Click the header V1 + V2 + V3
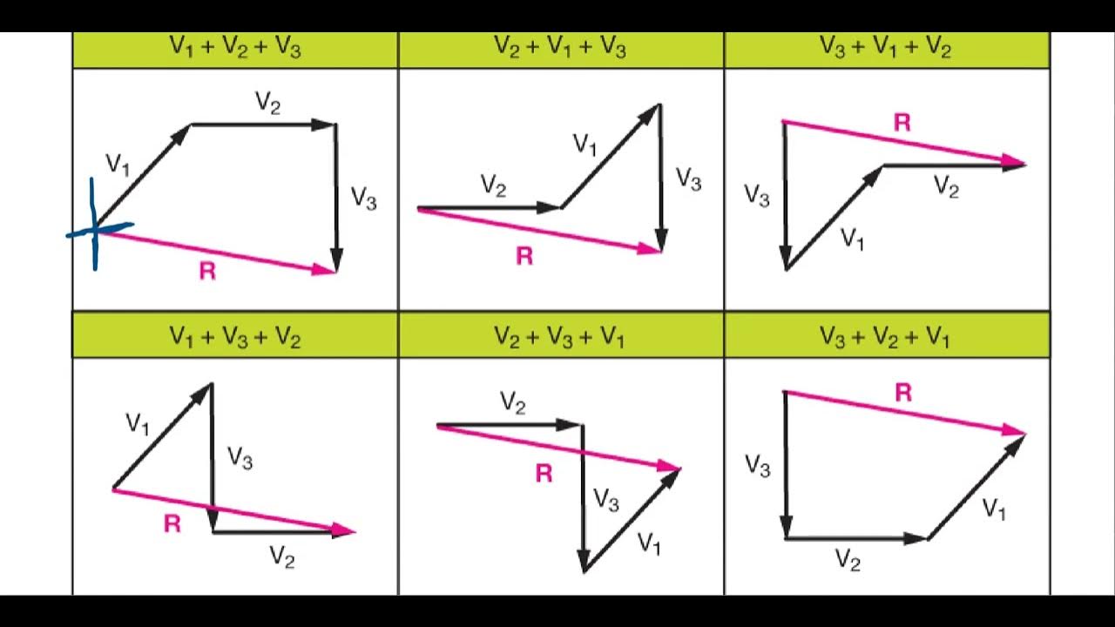(235, 49)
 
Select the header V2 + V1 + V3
(560, 49)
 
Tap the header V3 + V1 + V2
(886, 49)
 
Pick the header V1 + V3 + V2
(235, 337)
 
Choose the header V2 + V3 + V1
(560, 337)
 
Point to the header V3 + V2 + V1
(886, 337)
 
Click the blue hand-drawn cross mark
(94, 230)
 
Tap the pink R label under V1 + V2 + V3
(207, 272)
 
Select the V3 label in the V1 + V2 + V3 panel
(363, 199)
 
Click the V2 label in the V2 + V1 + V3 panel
(493, 185)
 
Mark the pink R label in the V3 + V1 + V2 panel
(902, 123)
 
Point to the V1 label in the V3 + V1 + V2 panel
(853, 239)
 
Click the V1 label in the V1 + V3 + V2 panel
(138, 424)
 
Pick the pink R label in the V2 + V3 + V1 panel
(544, 474)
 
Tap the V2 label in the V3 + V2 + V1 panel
(848, 559)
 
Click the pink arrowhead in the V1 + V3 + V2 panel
(344, 529)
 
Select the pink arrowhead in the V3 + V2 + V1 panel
(1016, 430)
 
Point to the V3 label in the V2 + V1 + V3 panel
(688, 180)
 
